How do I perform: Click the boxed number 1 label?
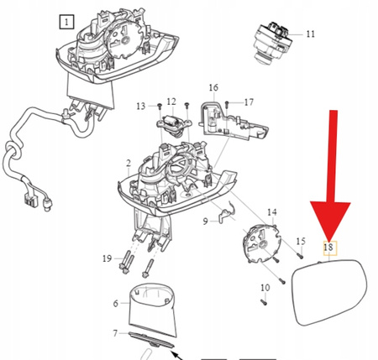(66, 22)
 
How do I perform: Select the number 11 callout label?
(311, 34)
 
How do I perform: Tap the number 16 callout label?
(213, 87)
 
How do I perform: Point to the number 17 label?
(249, 102)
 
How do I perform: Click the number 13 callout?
(141, 107)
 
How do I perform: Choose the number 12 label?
(171, 102)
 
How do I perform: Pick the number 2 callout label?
(129, 163)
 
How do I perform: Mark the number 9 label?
(206, 222)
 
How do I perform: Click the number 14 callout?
(272, 212)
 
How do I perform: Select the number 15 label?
(301, 241)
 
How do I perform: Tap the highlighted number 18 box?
(330, 248)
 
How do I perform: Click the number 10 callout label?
(265, 288)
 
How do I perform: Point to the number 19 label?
(107, 258)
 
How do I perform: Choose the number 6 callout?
(116, 303)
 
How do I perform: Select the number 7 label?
(115, 333)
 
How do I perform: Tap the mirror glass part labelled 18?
(329, 292)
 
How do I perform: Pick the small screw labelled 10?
(264, 302)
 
